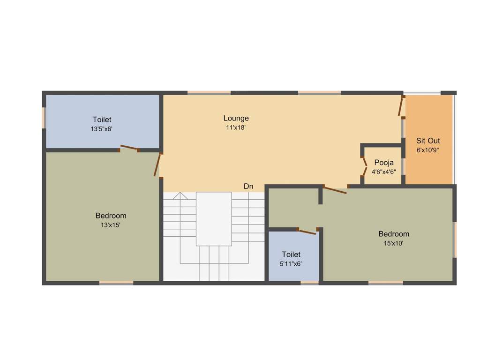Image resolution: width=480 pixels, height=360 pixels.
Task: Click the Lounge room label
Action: coord(236,118)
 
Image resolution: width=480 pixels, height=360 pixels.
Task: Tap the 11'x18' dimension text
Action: coord(236,127)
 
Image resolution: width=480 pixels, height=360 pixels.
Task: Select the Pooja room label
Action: coord(384,163)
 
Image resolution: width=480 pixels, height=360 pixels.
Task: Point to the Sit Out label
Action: coord(428,141)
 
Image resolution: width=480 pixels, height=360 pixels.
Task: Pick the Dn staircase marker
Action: coord(248,187)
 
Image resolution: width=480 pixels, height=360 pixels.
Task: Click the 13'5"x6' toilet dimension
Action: coord(102,129)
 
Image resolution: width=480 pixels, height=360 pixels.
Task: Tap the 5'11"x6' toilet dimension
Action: coord(291,263)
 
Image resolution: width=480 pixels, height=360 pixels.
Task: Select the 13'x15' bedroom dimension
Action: coord(111,225)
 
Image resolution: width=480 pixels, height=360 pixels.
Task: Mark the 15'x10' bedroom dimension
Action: coord(394,243)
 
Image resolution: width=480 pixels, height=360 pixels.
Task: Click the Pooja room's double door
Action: coord(365,166)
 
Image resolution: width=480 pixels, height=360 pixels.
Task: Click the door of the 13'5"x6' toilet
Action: coord(129,148)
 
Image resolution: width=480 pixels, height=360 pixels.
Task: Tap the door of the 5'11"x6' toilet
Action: coord(307,231)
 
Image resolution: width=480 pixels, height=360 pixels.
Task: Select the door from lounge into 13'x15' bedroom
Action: coord(158,165)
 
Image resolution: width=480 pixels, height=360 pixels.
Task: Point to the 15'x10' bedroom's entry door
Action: coord(335,190)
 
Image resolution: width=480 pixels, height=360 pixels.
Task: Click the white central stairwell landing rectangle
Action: coord(214,218)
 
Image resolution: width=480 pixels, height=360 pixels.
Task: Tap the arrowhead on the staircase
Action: coord(180,195)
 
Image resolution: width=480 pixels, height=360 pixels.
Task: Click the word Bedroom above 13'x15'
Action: coord(111,216)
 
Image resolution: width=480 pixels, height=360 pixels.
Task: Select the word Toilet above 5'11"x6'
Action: coord(291,255)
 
